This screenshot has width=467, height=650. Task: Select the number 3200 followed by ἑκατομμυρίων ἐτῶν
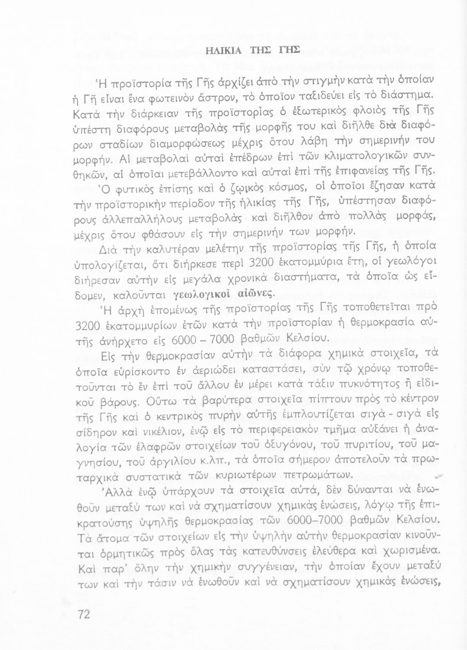[88, 327]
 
